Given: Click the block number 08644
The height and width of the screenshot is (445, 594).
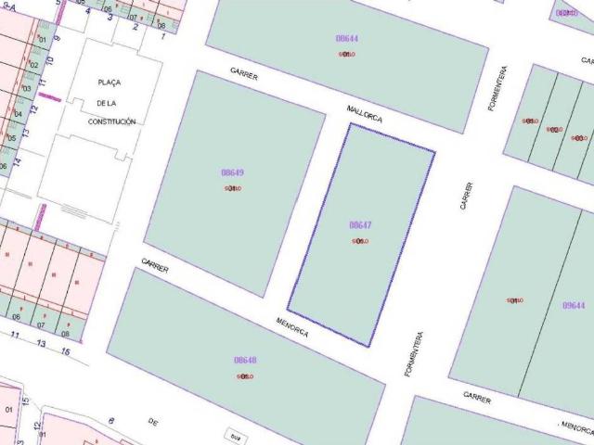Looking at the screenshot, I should click(x=347, y=38).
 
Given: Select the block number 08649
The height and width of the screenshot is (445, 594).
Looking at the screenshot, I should click(x=232, y=172).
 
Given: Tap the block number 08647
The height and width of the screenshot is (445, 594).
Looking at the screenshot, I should click(x=360, y=225).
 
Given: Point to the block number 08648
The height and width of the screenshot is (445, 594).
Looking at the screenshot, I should click(x=245, y=360).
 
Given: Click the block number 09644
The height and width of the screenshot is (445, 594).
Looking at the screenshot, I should click(x=574, y=305).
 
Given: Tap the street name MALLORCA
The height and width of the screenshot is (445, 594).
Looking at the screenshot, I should click(x=364, y=114).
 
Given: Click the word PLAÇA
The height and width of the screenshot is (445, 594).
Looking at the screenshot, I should click(x=109, y=83).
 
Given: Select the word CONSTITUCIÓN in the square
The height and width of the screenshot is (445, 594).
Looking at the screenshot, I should click(x=111, y=121).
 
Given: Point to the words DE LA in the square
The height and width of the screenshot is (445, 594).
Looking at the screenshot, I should click(x=110, y=102).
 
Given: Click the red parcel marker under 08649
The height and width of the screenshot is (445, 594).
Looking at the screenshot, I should click(x=232, y=188).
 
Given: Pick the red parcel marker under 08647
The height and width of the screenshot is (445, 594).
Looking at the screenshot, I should click(x=360, y=241).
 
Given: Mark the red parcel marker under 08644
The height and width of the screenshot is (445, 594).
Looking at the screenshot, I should click(x=347, y=54).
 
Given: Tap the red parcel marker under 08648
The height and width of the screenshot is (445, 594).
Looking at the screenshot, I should click(x=245, y=376).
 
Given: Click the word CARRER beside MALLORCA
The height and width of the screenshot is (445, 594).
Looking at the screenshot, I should click(x=244, y=75).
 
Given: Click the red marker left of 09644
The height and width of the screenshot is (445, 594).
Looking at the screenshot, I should click(x=514, y=300).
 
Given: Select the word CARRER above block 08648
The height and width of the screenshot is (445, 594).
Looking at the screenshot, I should click(x=155, y=266).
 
